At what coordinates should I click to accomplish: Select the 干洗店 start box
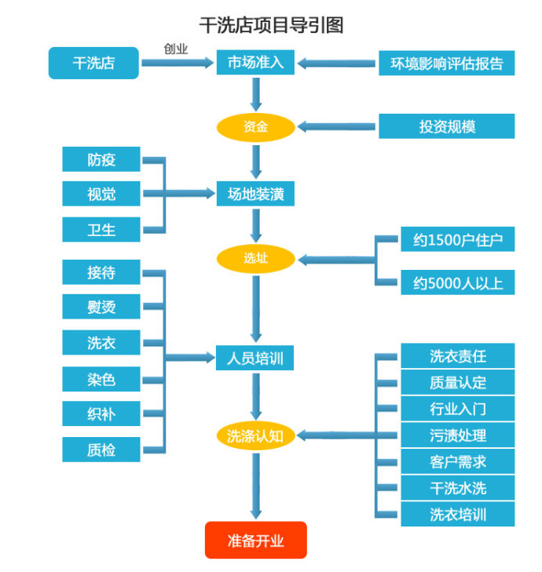click(93, 63)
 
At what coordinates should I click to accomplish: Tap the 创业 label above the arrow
click(176, 48)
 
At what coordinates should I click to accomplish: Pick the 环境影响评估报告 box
click(446, 63)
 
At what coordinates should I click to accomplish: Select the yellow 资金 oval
click(255, 126)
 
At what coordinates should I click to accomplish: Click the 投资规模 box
click(446, 126)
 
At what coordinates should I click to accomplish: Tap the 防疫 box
click(101, 160)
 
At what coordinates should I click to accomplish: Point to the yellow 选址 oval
click(255, 258)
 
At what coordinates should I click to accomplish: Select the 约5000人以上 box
click(457, 283)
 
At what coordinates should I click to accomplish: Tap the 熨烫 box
click(101, 306)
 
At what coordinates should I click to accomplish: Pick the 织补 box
click(101, 414)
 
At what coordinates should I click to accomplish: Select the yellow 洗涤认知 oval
click(255, 436)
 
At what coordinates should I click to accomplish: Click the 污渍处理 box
click(457, 435)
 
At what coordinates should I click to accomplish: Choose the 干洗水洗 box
click(457, 488)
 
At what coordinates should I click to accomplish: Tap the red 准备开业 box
click(255, 541)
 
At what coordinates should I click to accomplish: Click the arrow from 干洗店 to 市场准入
click(178, 63)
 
